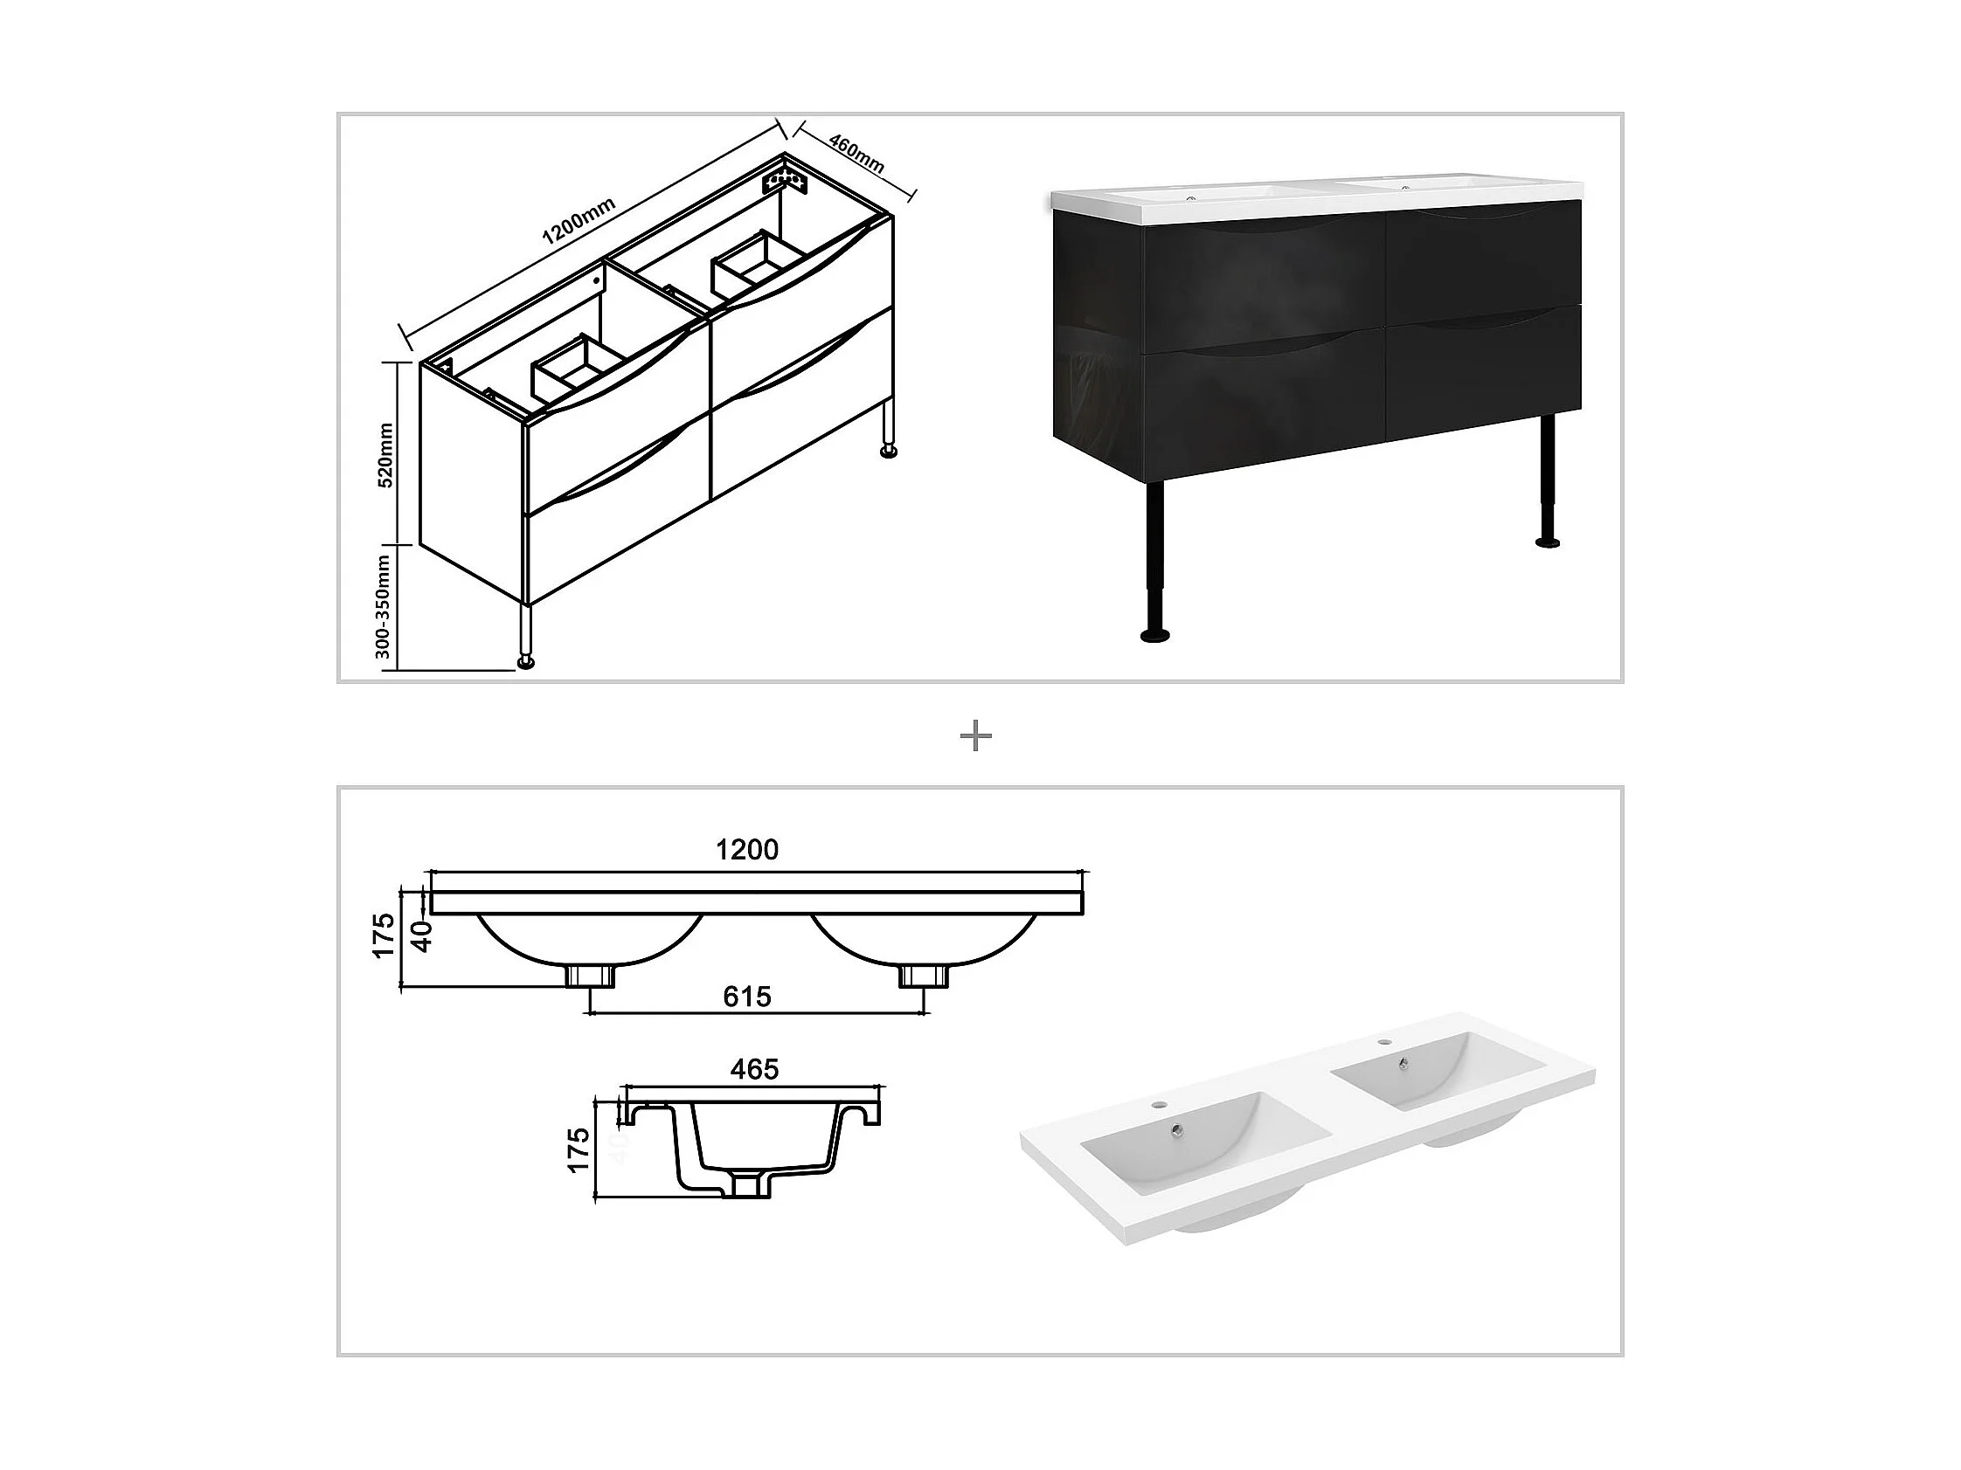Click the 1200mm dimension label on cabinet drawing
[x=578, y=221]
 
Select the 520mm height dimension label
[x=386, y=454]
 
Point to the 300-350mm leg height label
[x=383, y=607]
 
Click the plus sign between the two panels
[x=976, y=736]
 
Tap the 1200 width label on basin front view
[x=747, y=850]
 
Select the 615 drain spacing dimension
[x=747, y=997]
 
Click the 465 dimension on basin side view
[x=754, y=1069]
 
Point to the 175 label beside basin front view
[x=383, y=935]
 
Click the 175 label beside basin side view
[x=578, y=1149]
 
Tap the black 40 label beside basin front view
[x=423, y=935]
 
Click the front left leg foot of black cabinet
[x=1154, y=634]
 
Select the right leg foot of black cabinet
[x=1548, y=541]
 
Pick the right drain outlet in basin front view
[x=925, y=977]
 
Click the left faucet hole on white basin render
[x=1160, y=1106]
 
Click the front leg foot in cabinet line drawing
[x=527, y=662]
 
